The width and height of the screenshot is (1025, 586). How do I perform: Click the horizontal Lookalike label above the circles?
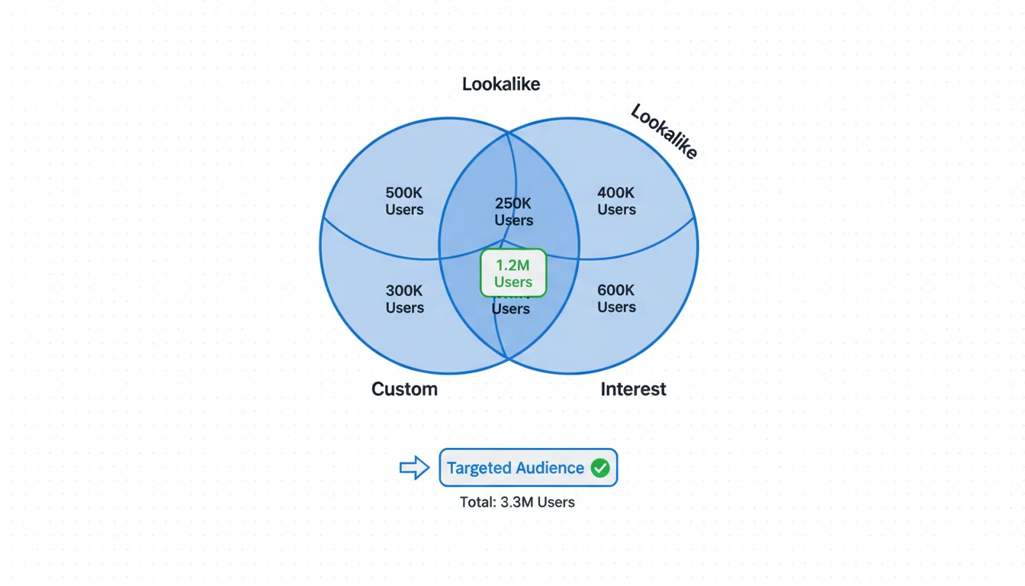[x=501, y=84]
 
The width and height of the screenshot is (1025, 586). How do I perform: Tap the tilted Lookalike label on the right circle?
[x=664, y=132]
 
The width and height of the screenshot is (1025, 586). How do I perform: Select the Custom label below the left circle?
[x=404, y=389]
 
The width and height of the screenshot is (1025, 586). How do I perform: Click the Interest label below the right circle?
[x=633, y=389]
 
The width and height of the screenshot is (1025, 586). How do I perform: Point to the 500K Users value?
[x=404, y=201]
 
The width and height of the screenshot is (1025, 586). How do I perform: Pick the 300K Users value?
[x=404, y=299]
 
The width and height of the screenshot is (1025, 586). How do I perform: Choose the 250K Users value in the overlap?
[x=513, y=211]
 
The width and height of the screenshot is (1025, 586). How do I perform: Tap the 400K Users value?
[x=616, y=201]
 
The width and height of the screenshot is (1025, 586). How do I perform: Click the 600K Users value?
[x=616, y=298]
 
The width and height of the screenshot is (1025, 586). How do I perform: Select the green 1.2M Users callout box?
[x=513, y=272]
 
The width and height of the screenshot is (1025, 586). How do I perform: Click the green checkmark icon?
[x=600, y=468]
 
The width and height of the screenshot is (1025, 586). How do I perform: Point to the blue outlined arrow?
[x=415, y=468]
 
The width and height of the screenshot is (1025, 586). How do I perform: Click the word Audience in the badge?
[x=548, y=468]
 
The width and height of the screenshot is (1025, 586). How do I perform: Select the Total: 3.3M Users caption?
[x=517, y=502]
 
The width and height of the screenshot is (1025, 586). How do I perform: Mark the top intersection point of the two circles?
[x=509, y=132]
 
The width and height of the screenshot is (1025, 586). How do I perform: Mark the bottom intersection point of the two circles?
[x=507, y=358]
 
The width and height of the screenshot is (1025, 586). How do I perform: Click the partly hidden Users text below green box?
[x=510, y=308]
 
